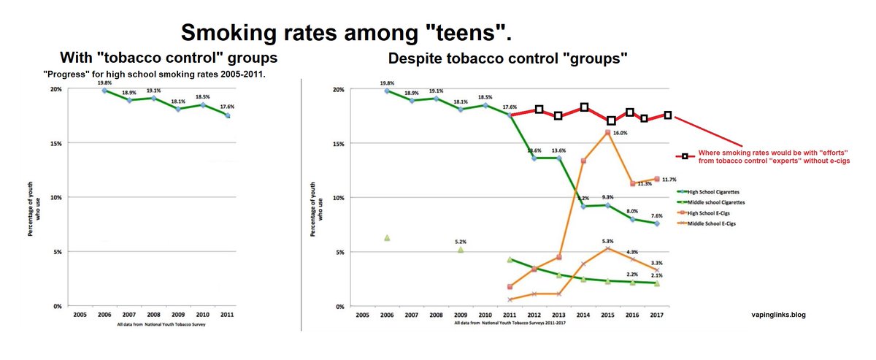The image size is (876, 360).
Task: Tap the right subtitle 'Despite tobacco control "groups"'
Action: pos(508,58)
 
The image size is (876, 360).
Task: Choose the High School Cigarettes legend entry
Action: pos(708,191)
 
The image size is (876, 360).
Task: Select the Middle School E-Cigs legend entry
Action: pos(708,223)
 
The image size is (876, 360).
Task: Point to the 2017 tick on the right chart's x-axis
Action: pos(656,315)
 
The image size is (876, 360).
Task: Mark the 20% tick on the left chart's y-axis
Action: pos(55,89)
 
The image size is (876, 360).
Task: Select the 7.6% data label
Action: pos(657,215)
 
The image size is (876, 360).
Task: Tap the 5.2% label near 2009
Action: pos(460,242)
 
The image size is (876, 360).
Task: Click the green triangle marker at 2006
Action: pos(387,237)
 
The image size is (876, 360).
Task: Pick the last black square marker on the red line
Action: pos(667,115)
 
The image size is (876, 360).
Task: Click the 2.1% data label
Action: pos(657,275)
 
